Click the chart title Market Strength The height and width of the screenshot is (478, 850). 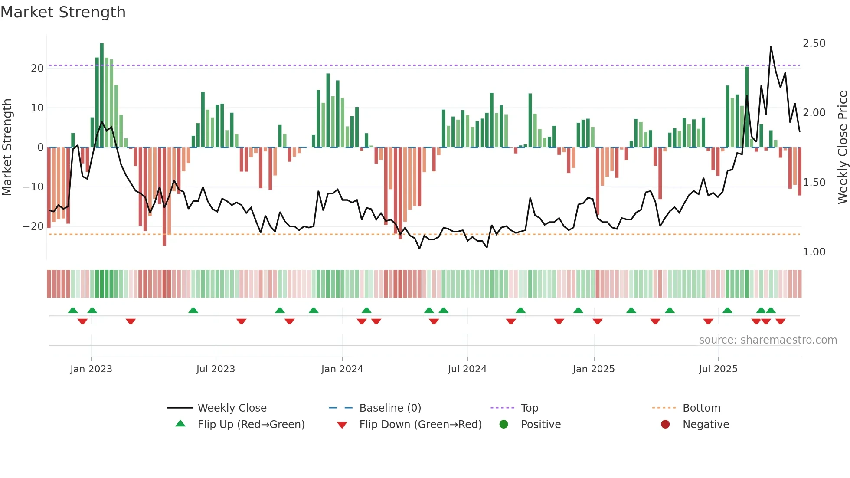[x=63, y=12]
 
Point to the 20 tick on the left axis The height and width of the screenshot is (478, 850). [x=37, y=69]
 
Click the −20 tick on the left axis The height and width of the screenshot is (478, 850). [x=33, y=226]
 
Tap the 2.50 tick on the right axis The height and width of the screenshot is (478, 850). [x=814, y=43]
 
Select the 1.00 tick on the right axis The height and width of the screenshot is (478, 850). [x=814, y=252]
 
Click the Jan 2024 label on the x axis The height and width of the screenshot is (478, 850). [x=342, y=369]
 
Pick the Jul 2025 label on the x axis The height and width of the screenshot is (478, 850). [x=718, y=369]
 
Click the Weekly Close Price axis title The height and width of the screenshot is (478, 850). [x=842, y=147]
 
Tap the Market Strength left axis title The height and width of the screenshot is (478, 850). [x=7, y=147]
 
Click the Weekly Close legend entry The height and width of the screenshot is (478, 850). [x=232, y=408]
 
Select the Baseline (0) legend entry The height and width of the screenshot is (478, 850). [x=390, y=408]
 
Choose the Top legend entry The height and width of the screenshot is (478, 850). [x=529, y=408]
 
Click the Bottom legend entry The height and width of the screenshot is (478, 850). [x=701, y=408]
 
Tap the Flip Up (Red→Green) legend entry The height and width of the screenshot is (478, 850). [x=251, y=425]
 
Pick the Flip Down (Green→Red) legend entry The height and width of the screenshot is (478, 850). [x=420, y=425]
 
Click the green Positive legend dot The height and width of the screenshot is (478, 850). [x=503, y=425]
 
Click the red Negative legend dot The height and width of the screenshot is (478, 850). [x=665, y=425]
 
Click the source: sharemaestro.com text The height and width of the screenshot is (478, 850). [x=768, y=340]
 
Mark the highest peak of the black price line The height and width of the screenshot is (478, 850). [x=771, y=47]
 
